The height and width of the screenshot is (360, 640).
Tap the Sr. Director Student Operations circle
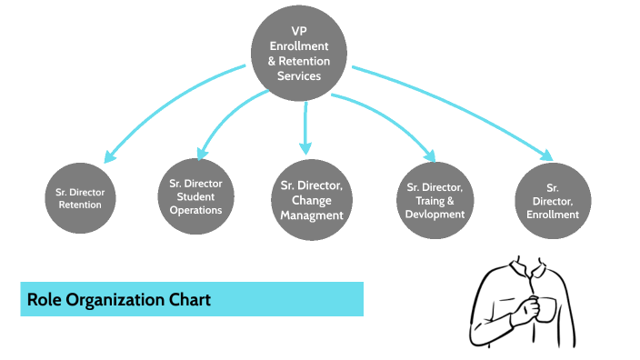click(x=195, y=195)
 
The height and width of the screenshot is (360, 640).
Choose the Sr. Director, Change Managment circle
click(x=312, y=200)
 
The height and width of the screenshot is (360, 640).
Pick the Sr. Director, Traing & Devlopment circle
click(x=431, y=200)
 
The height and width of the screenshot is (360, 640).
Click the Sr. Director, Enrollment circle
click(x=552, y=199)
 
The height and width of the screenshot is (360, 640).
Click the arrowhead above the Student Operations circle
click(x=202, y=152)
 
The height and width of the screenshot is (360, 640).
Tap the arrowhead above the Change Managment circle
click(x=305, y=147)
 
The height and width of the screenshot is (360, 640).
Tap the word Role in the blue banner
click(x=44, y=299)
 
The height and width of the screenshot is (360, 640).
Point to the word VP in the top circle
click(x=300, y=31)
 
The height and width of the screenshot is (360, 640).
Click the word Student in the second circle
click(x=195, y=196)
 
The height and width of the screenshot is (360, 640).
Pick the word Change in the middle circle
click(x=312, y=200)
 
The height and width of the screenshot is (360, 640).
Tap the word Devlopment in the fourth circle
click(x=431, y=215)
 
